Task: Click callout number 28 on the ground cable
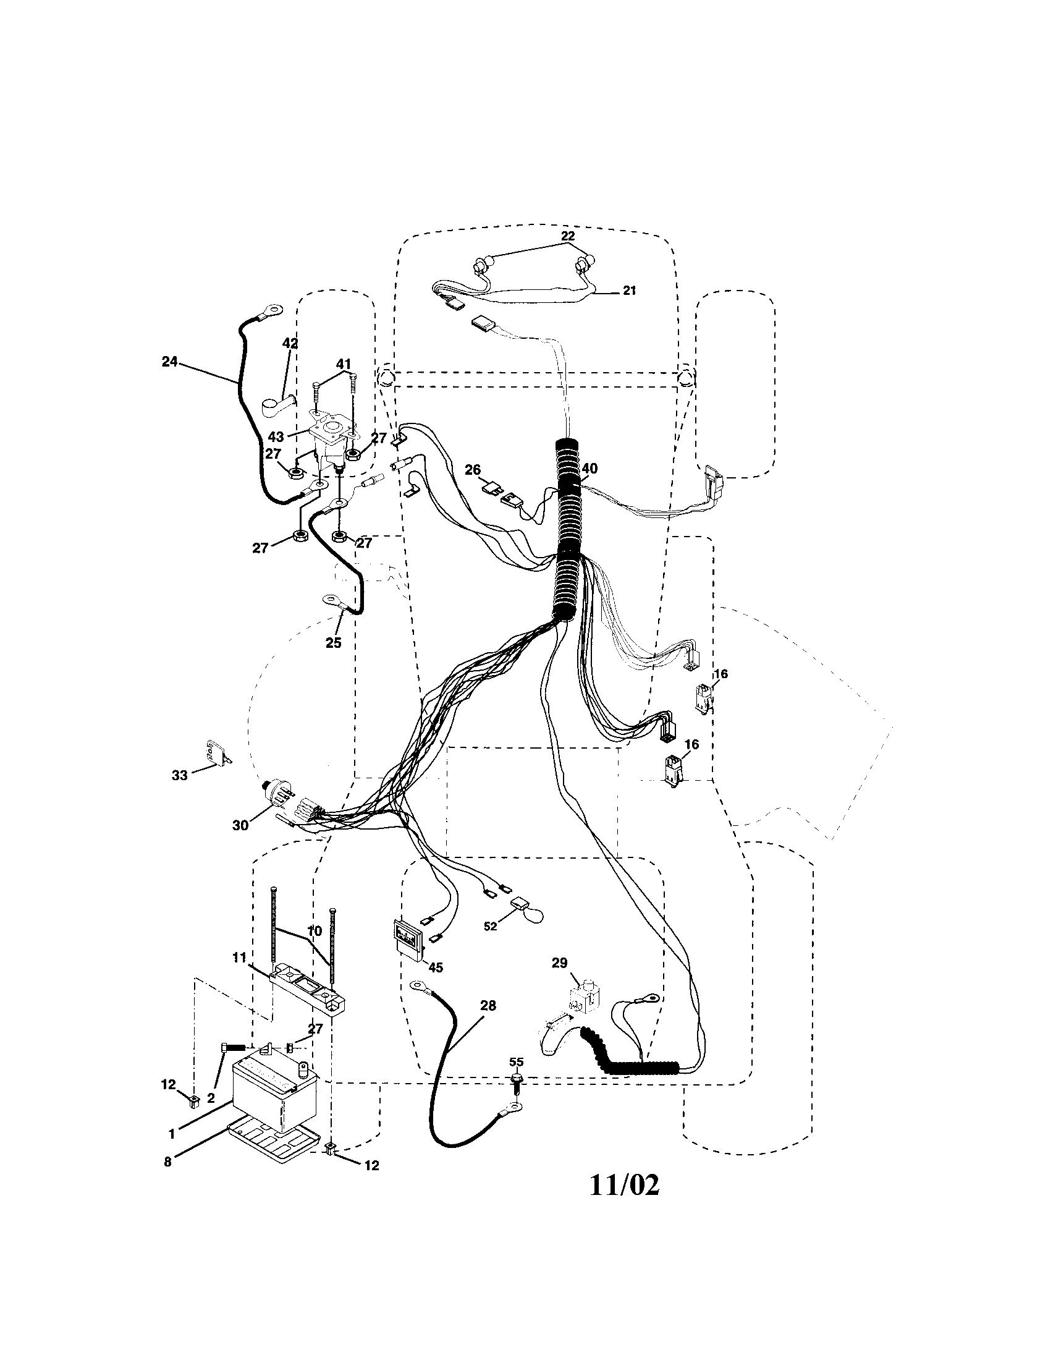pos(489,1005)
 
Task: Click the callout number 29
pos(559,963)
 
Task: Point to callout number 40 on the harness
pos(589,469)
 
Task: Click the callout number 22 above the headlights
pos(567,236)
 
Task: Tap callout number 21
pos(629,290)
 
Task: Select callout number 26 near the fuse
pos(473,469)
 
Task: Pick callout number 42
pos(290,343)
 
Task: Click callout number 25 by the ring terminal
pos(333,643)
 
